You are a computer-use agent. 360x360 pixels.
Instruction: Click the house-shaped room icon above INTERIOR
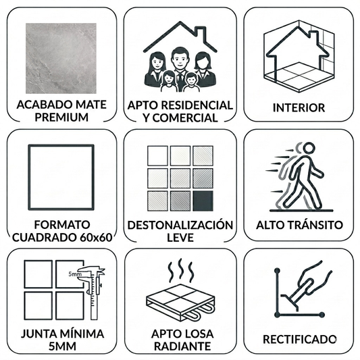click(298, 53)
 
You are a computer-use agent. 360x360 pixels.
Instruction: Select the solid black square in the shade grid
click(202, 200)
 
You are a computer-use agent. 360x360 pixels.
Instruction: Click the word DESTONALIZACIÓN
click(180, 225)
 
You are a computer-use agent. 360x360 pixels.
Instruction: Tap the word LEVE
click(180, 238)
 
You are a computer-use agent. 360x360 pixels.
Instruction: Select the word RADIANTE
click(180, 346)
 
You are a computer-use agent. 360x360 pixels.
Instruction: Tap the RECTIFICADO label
click(299, 338)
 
